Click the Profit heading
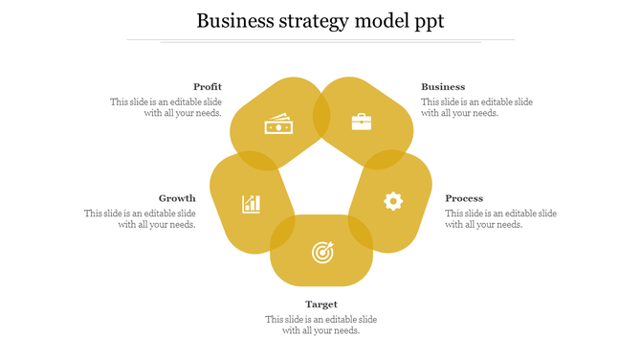click(208, 87)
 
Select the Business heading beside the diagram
click(443, 87)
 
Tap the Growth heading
click(177, 198)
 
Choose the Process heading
click(464, 198)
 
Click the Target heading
click(321, 304)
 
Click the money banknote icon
click(277, 125)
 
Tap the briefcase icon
click(362, 122)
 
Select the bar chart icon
click(252, 203)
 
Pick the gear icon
click(393, 201)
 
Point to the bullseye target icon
click(322, 253)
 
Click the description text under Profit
click(166, 107)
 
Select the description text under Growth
click(141, 219)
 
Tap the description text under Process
click(500, 219)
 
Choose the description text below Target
click(321, 325)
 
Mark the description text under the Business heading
click(476, 107)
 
